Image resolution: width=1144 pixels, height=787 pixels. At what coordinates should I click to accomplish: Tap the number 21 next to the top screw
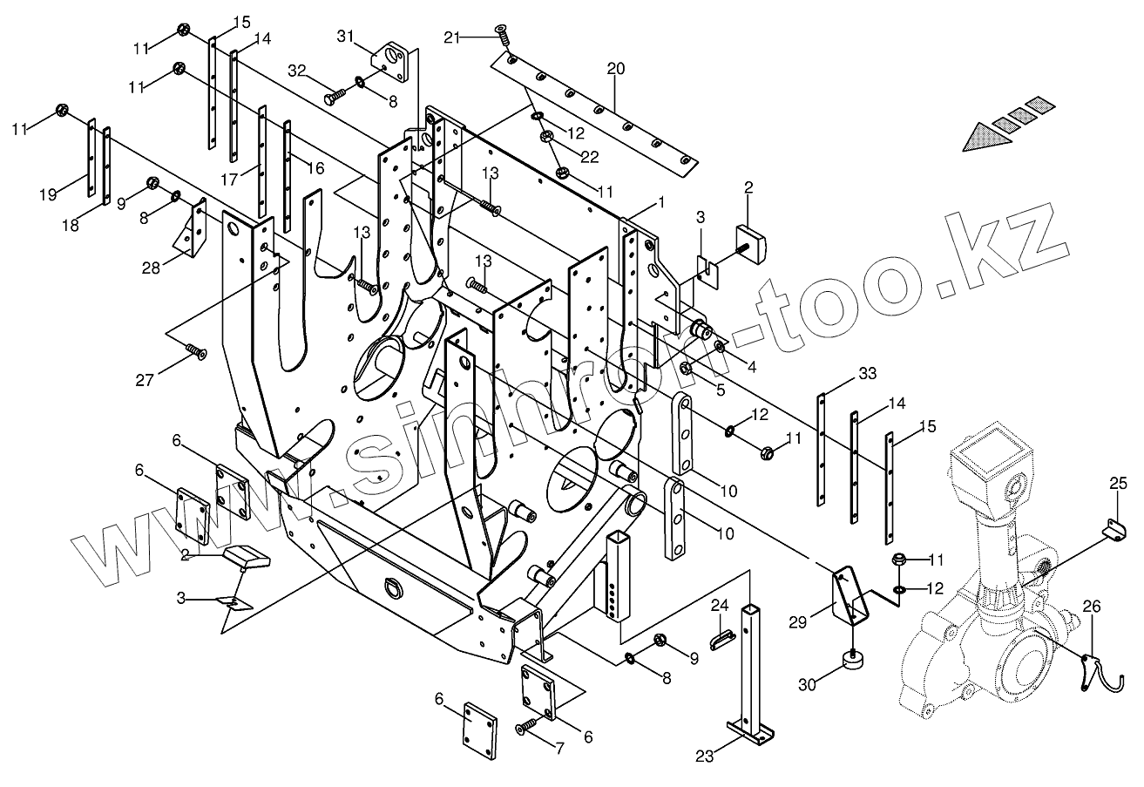450,37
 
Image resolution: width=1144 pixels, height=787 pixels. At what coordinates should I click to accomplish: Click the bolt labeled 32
333,98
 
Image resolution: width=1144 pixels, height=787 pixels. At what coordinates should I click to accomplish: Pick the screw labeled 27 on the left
196,352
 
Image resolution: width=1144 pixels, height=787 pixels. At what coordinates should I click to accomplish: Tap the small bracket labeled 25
1113,529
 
